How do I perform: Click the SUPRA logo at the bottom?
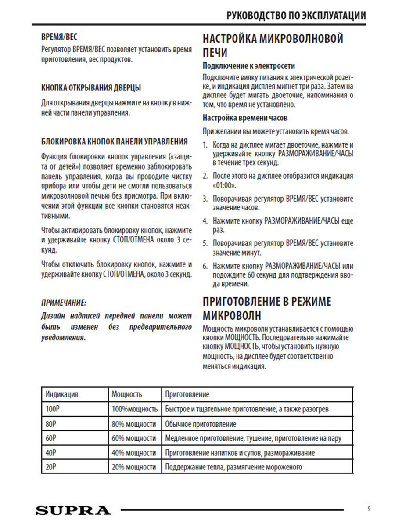pos(73,510)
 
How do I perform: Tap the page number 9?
pos(369,509)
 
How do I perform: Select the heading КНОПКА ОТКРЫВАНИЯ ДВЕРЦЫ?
pos(91,88)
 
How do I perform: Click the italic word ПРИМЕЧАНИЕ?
pos(64,303)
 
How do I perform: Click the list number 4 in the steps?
pos(205,221)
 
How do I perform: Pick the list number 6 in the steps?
pos(205,266)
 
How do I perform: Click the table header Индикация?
pos(62,395)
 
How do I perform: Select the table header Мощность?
pos(127,395)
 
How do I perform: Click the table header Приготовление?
pos(187,395)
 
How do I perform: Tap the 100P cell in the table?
pos(52,409)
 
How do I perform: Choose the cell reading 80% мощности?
pos(134,424)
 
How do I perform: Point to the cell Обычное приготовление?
pos(201,424)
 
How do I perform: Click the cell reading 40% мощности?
pos(134,453)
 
